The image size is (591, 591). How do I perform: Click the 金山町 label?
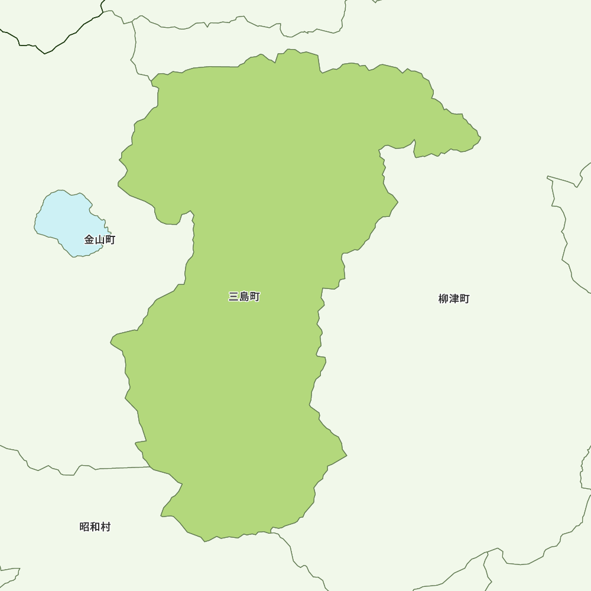click(100, 240)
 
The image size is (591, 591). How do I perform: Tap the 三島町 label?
click(244, 297)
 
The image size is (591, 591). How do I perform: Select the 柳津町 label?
click(454, 299)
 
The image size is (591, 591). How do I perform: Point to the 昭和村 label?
click(95, 527)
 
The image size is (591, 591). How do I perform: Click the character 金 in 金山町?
click(89, 240)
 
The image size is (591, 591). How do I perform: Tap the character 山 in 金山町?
click(100, 240)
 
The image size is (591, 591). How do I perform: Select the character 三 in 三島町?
click(233, 297)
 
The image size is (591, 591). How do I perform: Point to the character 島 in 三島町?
click(244, 297)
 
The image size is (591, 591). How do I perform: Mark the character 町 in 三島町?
click(255, 297)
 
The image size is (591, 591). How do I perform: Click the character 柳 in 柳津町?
click(443, 299)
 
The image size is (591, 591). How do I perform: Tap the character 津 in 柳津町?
click(454, 299)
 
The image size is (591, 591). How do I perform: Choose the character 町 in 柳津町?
click(465, 299)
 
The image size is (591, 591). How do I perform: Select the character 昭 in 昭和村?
click(85, 527)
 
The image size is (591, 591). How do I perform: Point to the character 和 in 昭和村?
click(95, 527)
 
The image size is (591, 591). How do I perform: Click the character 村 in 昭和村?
click(106, 527)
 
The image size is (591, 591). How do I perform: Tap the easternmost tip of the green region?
click(480, 138)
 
